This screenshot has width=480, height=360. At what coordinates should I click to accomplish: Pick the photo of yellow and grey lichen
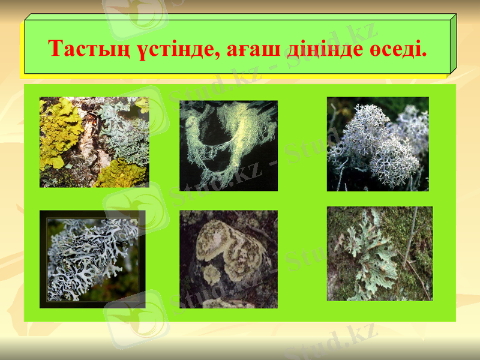[x=94, y=142]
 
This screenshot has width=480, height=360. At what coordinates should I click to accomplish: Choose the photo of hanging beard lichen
[x=229, y=145]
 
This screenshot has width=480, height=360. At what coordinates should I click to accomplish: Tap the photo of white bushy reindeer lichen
[x=378, y=144]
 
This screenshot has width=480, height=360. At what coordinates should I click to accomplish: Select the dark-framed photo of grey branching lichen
[x=92, y=259]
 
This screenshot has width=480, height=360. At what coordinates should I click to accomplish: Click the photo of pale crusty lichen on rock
[x=229, y=259]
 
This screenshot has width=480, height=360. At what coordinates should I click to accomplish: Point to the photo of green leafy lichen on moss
[x=380, y=253]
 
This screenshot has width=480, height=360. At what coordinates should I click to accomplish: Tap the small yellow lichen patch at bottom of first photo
[x=120, y=174]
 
